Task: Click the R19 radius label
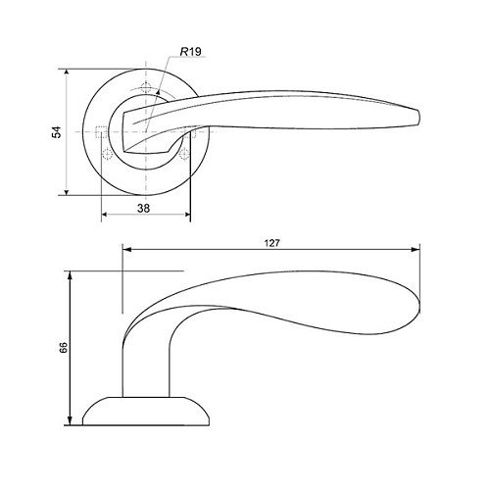[191, 52]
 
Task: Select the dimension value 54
[57, 132]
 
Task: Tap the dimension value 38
[143, 208]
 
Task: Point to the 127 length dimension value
[271, 243]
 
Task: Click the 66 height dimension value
[64, 347]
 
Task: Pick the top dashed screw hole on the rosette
[146, 88]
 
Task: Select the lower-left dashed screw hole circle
[107, 153]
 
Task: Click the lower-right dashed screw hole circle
[184, 153]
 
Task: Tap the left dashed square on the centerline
[101, 132]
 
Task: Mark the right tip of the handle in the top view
[419, 118]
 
